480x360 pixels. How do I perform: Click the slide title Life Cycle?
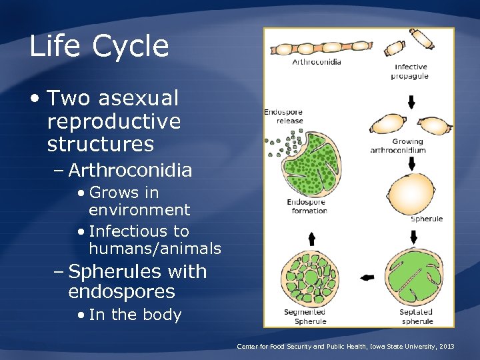pos(99,47)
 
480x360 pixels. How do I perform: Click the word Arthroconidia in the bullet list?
pos(130,171)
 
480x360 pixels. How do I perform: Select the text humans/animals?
pos(155,249)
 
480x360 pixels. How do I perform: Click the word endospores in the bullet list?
pos(121,292)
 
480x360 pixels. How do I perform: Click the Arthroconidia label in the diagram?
pos(317,62)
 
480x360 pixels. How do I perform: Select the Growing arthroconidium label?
pos(407,145)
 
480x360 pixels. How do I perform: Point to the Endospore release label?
pos(284,116)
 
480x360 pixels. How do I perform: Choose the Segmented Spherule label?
pos(305,316)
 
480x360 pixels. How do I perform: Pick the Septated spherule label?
pos(416,316)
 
